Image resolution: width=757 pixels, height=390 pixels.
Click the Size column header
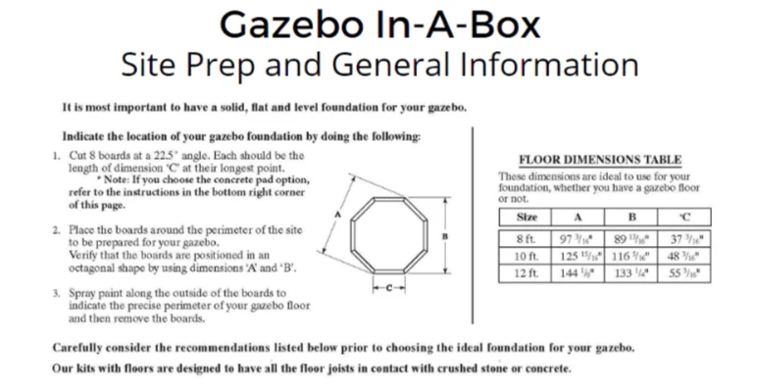[526, 216]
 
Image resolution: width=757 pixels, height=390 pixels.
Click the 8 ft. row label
[526, 239]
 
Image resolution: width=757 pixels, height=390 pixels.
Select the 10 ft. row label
[526, 255]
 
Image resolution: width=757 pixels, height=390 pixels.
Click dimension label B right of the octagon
[445, 235]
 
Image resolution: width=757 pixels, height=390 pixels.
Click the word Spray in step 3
[85, 293]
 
